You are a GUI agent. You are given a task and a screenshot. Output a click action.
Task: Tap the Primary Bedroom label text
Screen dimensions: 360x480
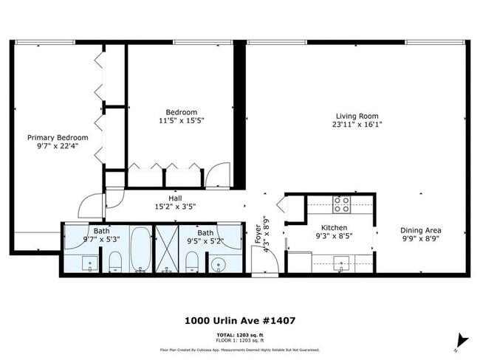click(58, 137)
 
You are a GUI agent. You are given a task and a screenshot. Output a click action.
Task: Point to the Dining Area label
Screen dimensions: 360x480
click(421, 230)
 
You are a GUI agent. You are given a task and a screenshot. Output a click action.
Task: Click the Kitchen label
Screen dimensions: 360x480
click(334, 228)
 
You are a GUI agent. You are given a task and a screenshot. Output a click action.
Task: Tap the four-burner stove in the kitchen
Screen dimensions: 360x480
click(340, 204)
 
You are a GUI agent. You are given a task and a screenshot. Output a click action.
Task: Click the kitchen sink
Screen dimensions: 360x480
click(342, 262)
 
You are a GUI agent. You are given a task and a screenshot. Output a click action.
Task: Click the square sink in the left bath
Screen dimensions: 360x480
click(90, 263)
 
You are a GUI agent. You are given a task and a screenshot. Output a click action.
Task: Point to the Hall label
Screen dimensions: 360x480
click(175, 199)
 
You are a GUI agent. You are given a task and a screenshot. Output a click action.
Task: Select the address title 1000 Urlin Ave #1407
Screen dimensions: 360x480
click(240, 321)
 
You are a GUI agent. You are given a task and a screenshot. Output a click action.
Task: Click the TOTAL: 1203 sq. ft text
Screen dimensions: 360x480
click(240, 335)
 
